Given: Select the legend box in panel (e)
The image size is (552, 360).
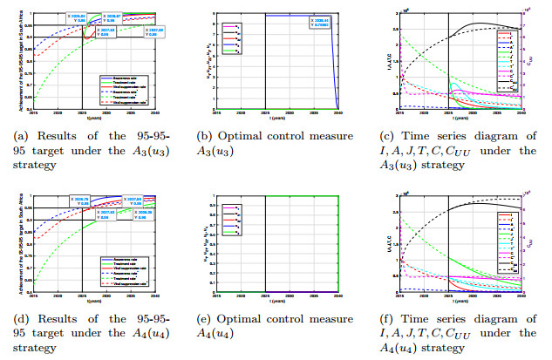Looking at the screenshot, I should pos(231,218).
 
